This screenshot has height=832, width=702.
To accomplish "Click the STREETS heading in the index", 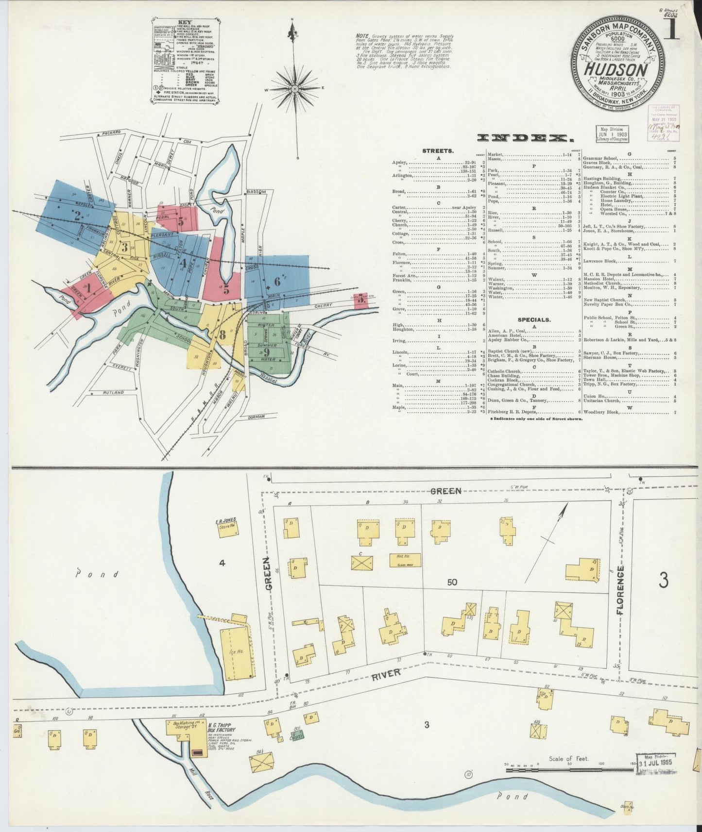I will coord(438,151).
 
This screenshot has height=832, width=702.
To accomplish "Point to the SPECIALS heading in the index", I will coord(534,320).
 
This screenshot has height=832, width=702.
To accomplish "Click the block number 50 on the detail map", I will coord(452,582).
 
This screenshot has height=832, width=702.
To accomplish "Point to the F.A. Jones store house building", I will coord(227,528).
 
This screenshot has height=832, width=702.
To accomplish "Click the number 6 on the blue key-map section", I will coord(276,281).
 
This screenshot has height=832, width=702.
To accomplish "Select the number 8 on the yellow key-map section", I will coord(223,334).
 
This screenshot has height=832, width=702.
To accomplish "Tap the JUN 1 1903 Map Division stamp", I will coord(612,133).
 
